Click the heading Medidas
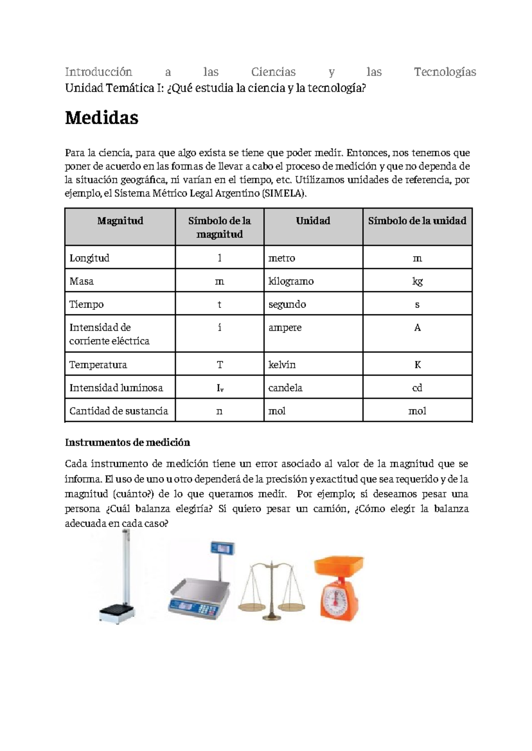tap(102, 118)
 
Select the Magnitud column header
tap(120, 221)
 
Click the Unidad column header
tap(313, 221)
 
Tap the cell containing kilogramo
tap(291, 281)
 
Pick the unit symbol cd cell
tap(417, 387)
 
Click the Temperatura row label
tap(98, 364)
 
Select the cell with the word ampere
tap(285, 328)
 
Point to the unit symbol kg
tap(417, 281)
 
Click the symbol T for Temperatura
tap(219, 364)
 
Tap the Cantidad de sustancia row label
tap(118, 411)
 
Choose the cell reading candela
tap(285, 387)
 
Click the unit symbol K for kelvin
tap(417, 364)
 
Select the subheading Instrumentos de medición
tap(127, 442)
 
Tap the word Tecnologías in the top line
tap(445, 72)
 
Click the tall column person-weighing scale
tap(119, 581)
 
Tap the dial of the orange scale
tap(335, 599)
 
